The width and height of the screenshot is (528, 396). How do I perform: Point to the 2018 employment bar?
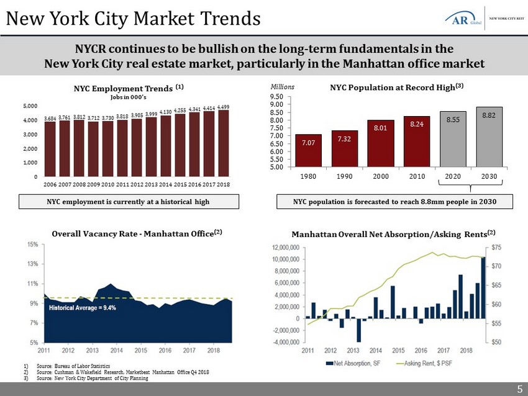point(224,143)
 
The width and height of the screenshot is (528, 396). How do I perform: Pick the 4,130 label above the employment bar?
point(166,112)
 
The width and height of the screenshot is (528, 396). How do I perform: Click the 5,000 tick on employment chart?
point(31,107)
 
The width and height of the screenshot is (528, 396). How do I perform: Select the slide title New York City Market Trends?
point(132,19)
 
